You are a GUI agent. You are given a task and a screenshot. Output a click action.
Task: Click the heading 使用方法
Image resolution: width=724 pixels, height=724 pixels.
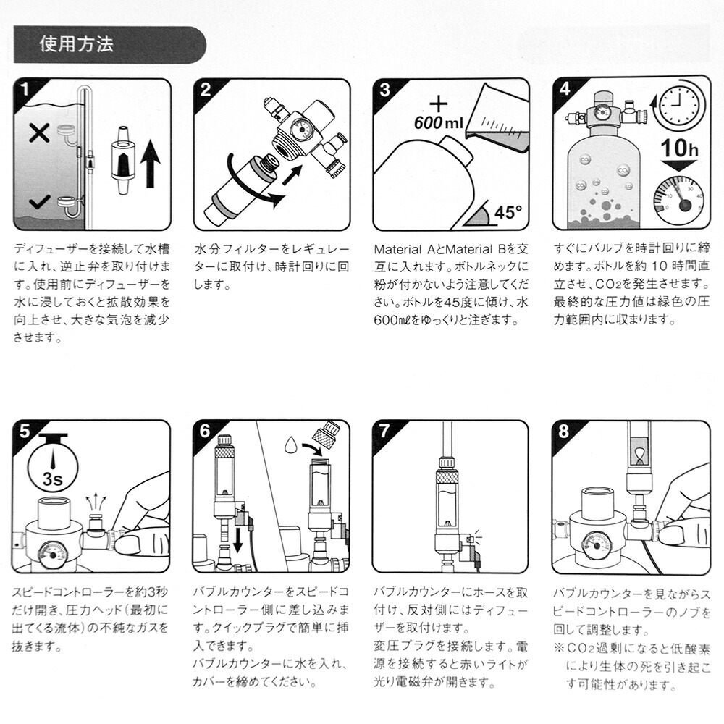(76, 44)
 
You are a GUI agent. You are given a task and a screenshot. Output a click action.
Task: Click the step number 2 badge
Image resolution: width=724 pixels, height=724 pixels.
(206, 90)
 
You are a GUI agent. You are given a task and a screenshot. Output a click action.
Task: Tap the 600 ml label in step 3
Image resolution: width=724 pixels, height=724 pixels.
(437, 122)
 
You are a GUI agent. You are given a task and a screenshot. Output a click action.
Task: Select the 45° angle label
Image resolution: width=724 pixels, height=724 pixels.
(507, 212)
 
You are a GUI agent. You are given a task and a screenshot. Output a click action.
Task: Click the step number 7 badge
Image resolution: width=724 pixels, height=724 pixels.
(384, 432)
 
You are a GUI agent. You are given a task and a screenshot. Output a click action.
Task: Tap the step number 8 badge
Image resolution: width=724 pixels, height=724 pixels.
(565, 432)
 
